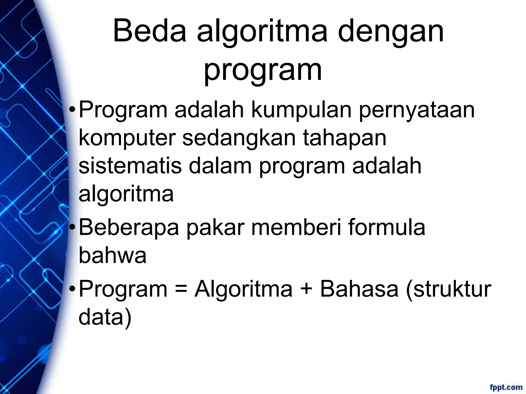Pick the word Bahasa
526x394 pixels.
(x=359, y=289)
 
